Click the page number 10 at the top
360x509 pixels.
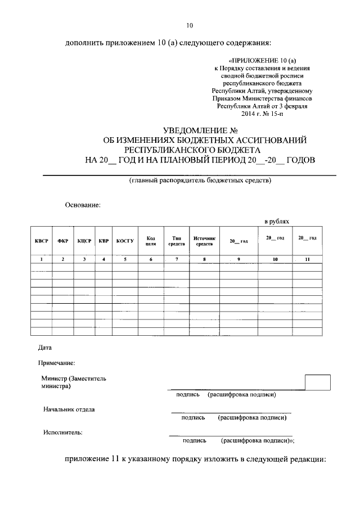coord(190,25)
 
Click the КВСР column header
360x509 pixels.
coord(41,241)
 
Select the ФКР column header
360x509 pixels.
coord(62,241)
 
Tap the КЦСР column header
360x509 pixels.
coord(84,241)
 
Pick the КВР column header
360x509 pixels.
coord(103,241)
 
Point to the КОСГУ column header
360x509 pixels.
coord(125,241)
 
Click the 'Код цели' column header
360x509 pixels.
coord(151,241)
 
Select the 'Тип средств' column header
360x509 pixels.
coord(177,241)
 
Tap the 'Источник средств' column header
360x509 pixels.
coord(204,241)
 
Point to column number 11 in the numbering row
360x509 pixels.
coord(307,259)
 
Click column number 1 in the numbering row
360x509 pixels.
coord(41,259)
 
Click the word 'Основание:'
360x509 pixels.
coord(82,205)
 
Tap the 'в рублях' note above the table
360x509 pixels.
coord(277,222)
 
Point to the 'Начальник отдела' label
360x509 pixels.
coord(69,409)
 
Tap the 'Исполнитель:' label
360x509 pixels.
coord(62,432)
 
